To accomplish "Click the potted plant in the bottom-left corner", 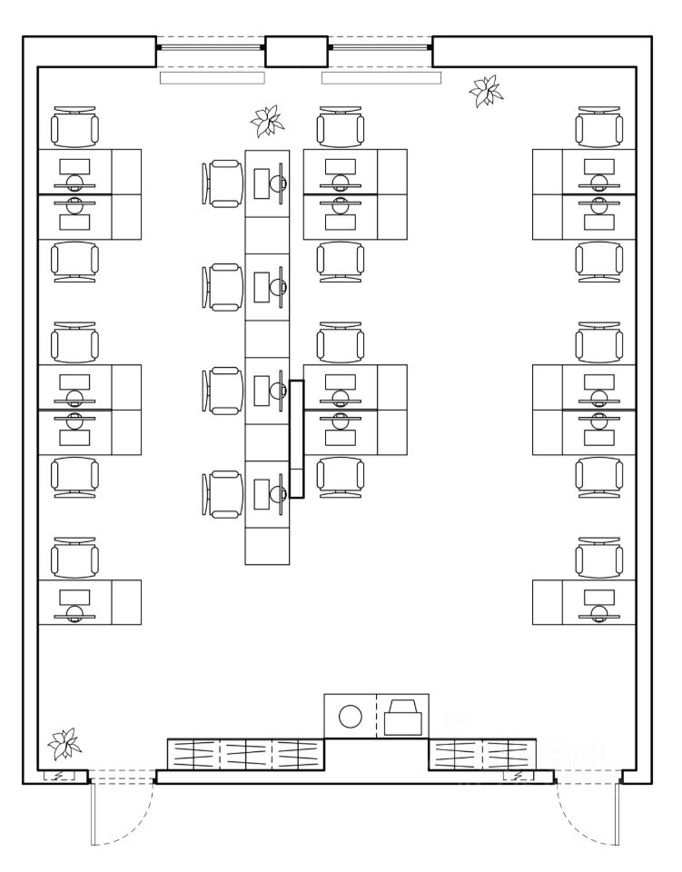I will point(64,744).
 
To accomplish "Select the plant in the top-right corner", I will point(485,92).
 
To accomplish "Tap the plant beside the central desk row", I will point(267,121).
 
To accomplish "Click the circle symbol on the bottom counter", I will point(351,717).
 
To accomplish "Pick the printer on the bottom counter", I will point(402,717).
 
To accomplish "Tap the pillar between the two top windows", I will point(295,51).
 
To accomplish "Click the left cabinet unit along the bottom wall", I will point(246,754).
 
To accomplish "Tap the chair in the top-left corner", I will point(74,126).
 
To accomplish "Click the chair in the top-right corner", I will point(598,126).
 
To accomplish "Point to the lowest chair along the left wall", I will point(74,557).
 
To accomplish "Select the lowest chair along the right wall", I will point(598,557).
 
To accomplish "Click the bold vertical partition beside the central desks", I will point(296,440).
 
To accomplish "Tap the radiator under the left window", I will point(211,78).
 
